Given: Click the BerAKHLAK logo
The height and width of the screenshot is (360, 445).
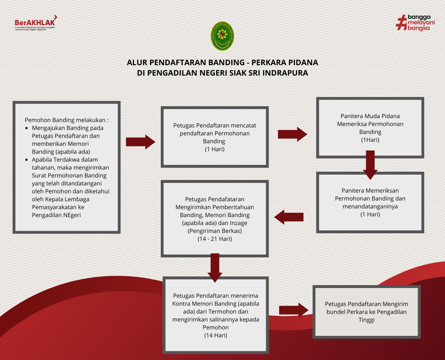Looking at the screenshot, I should click(35, 23).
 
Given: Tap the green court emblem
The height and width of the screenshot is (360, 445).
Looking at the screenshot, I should click(222, 36).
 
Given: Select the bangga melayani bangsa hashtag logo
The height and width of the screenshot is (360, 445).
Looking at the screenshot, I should click(415, 23).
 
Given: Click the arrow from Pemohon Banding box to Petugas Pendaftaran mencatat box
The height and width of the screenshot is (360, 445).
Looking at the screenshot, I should click(140, 142).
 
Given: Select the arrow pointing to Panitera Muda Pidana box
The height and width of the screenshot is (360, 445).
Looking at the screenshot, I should click(292, 134).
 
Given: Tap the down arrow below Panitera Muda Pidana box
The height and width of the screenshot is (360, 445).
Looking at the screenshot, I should click(370, 165).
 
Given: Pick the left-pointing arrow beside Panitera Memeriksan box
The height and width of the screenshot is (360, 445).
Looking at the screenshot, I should click(289, 217).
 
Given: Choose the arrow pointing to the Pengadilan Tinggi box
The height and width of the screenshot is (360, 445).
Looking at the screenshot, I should click(294, 310).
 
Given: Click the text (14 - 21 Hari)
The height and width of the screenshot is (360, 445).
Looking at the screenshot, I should click(215, 239).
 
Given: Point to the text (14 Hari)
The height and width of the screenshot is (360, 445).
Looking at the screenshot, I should click(215, 335).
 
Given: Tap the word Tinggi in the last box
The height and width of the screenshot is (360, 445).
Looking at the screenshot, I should click(366, 320).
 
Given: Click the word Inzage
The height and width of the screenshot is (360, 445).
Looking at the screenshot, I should click(239, 223).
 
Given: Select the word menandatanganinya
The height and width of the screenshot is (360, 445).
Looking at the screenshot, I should click(370, 206).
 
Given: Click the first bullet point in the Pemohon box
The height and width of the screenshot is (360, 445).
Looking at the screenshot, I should click(27, 128).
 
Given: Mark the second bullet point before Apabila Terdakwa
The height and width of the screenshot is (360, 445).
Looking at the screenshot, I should click(27, 160).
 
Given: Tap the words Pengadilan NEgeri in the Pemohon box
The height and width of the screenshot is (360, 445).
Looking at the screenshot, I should click(56, 215).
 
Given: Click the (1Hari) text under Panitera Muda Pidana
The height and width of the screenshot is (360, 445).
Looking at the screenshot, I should click(370, 140).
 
